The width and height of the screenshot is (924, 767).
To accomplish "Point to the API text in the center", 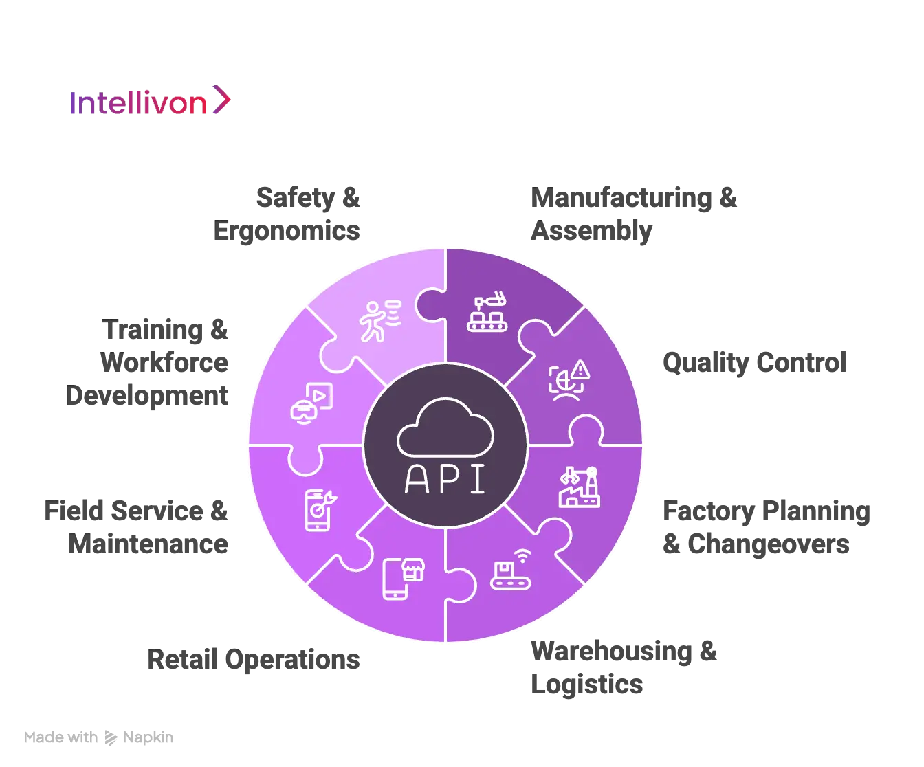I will point(445,479).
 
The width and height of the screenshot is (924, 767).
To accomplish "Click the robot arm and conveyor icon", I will point(487,313).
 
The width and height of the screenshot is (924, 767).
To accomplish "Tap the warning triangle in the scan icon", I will point(581,371).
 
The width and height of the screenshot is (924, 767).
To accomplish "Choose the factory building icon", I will point(579,487).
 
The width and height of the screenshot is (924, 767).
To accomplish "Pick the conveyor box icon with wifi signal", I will point(511,570).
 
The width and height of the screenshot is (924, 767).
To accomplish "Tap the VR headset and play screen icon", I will point(311,403).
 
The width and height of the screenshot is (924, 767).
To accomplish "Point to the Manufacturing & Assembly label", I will point(633,214).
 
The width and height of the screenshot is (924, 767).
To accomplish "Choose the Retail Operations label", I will point(255,659).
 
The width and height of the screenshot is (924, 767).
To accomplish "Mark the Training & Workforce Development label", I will point(149,362).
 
